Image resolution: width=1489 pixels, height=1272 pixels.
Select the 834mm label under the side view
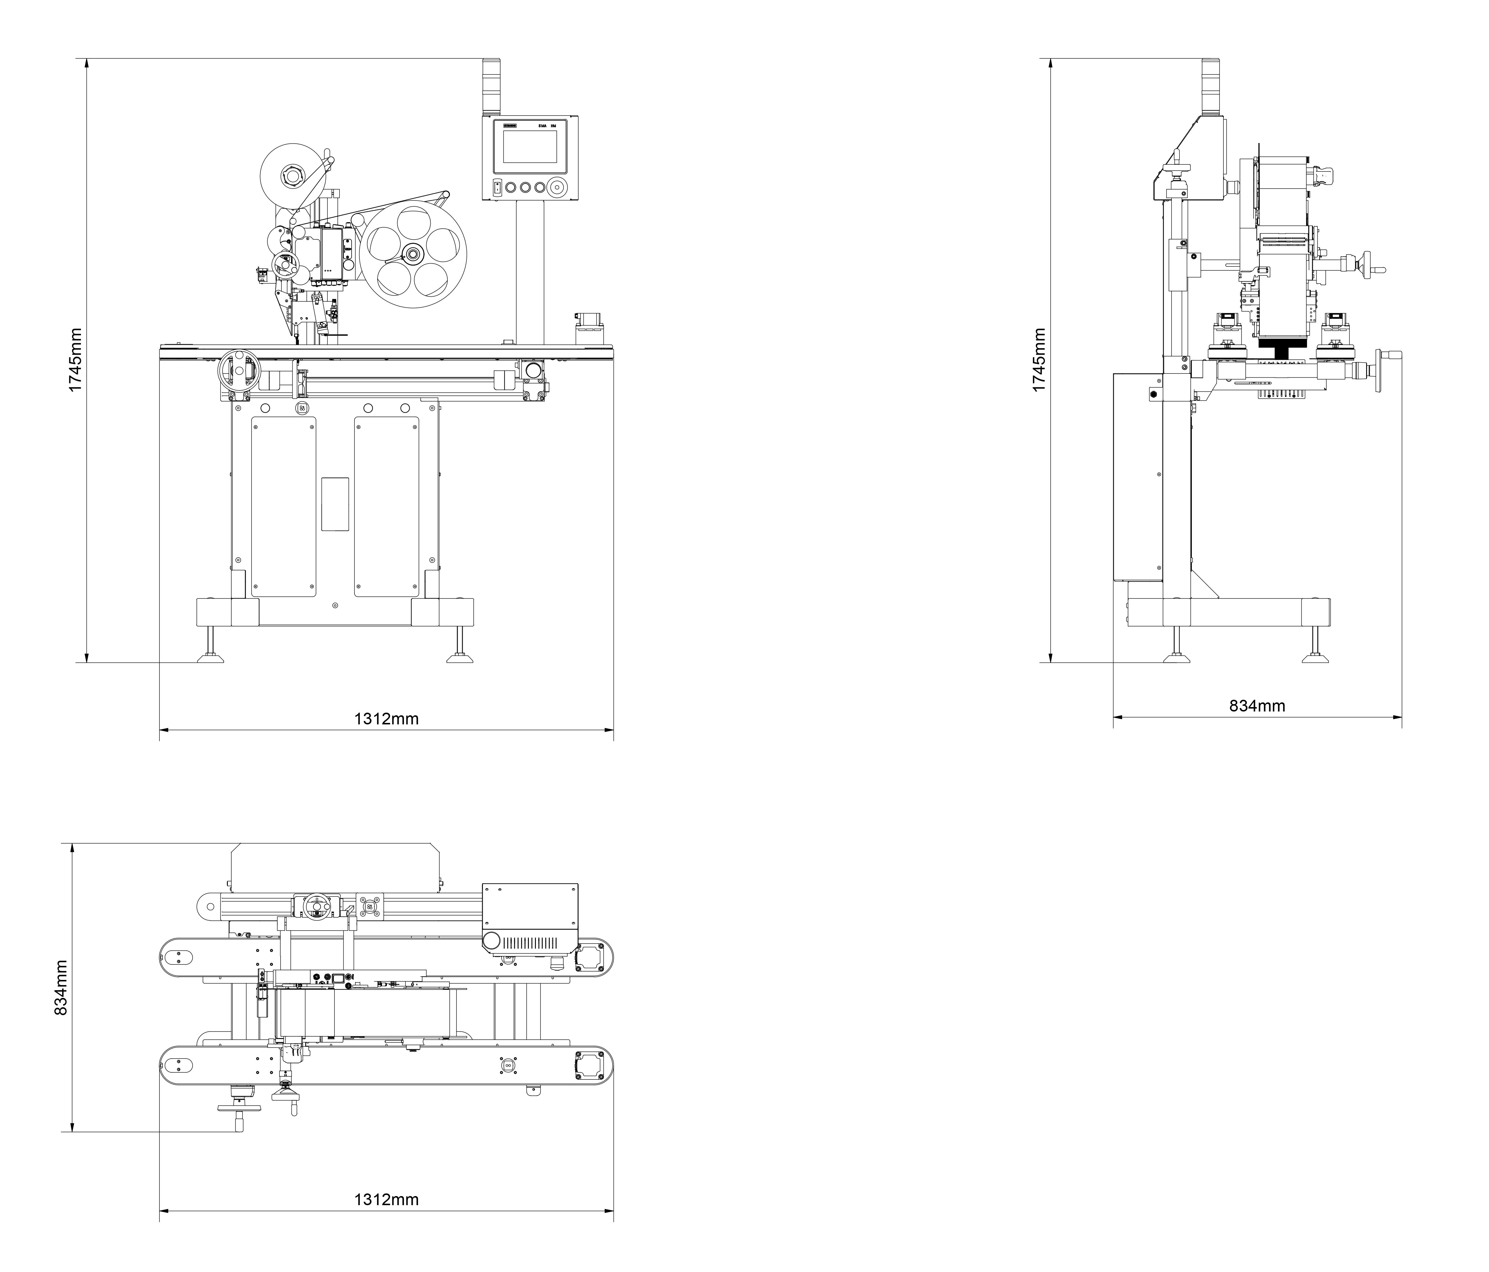1257,706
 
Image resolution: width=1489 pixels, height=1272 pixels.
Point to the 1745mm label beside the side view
1038,360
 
